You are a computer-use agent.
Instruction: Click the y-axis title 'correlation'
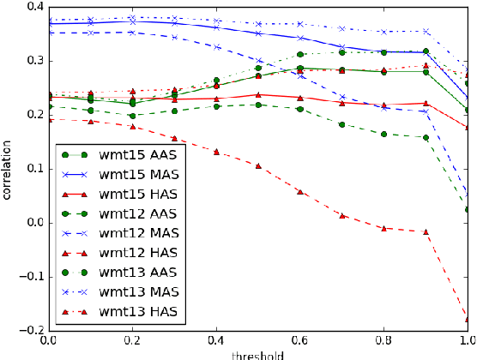pyautogui.click(x=8, y=169)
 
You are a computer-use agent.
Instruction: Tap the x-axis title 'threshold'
pyautogui.click(x=257, y=354)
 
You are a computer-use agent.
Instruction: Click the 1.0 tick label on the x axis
pyautogui.click(x=463, y=341)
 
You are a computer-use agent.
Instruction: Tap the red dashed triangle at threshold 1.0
pyautogui.click(x=468, y=319)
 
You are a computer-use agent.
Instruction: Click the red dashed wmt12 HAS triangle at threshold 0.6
pyautogui.click(x=299, y=191)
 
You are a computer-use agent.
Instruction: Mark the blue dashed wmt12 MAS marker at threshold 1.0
pyautogui.click(x=468, y=192)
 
